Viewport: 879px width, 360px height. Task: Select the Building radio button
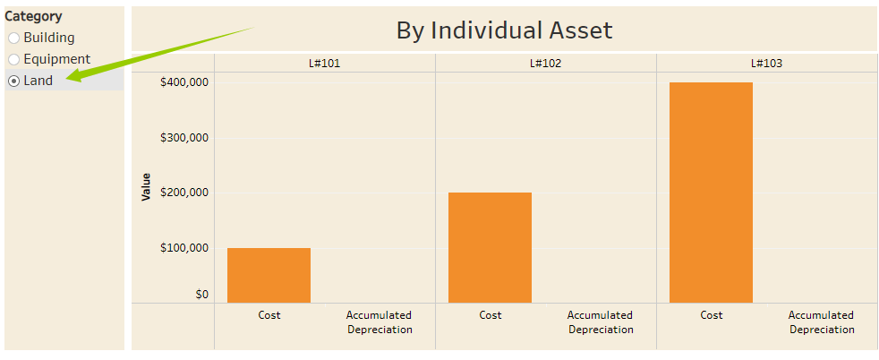click(14, 39)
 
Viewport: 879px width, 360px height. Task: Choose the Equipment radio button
click(14, 60)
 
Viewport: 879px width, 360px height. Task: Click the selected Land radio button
click(14, 81)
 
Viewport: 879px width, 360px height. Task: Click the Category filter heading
click(34, 16)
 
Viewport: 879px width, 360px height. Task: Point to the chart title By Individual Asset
click(504, 30)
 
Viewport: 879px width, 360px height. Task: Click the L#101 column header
click(324, 64)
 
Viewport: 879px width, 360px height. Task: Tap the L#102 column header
click(545, 64)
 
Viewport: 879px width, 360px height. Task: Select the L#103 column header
click(766, 64)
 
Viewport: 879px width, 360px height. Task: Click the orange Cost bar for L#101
click(269, 275)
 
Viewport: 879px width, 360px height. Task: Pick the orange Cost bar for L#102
click(490, 247)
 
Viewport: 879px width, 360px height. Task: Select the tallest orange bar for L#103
click(711, 193)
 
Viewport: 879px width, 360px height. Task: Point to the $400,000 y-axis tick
click(183, 82)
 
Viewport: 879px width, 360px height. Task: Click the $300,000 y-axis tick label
click(183, 138)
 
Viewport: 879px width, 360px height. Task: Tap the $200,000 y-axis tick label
click(183, 193)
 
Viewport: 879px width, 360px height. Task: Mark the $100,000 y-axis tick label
click(183, 248)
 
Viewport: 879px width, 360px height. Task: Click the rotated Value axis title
click(146, 187)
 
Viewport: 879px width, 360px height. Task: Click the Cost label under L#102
click(491, 315)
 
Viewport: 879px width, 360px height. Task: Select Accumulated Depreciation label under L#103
click(821, 322)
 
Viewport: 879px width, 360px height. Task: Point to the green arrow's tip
click(68, 80)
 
